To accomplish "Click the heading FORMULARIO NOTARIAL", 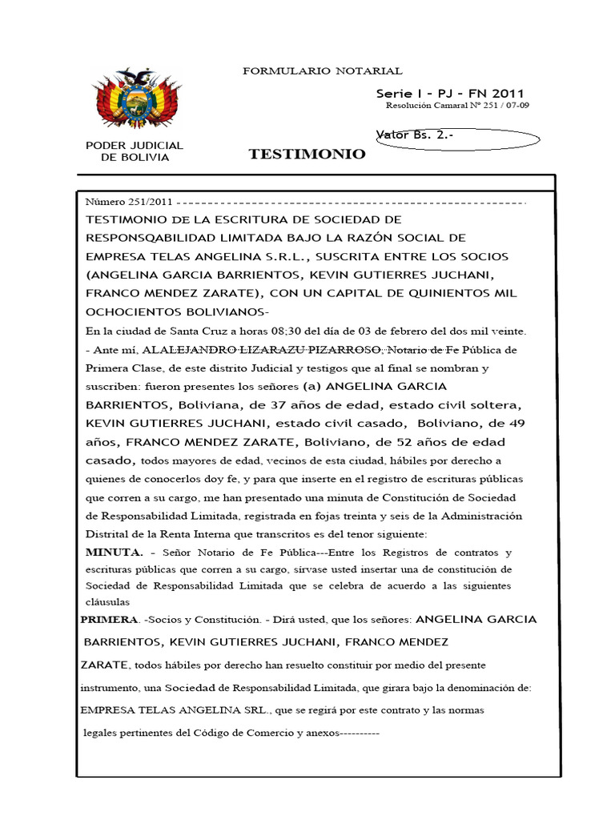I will [x=322, y=71].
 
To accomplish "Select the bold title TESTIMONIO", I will [x=307, y=154].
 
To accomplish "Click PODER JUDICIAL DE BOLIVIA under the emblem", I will [x=135, y=151].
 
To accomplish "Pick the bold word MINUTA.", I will [x=114, y=553].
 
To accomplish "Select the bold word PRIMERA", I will [x=108, y=619].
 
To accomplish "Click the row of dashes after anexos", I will [x=360, y=732].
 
